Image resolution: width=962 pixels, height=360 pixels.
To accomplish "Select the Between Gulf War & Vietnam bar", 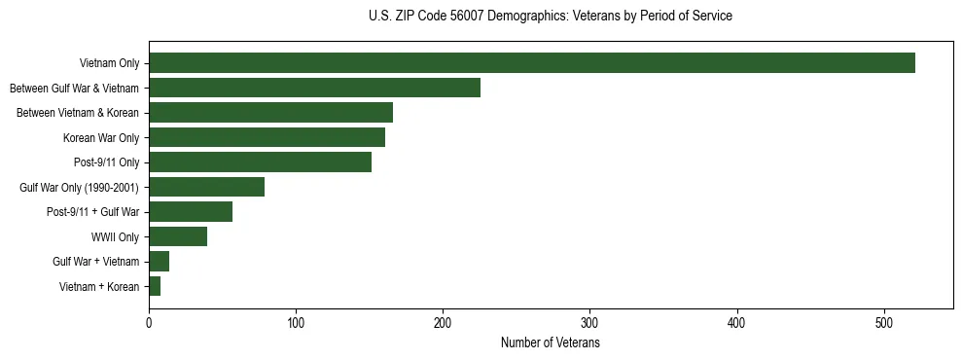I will (x=314, y=88).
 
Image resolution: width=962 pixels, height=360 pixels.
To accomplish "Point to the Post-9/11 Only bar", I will (x=260, y=162).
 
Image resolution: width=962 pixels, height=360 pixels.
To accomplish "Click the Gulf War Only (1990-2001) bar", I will (x=206, y=187).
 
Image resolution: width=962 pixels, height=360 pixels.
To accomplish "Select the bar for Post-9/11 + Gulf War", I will (x=191, y=212).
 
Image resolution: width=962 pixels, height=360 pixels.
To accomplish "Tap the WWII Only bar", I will (x=178, y=236).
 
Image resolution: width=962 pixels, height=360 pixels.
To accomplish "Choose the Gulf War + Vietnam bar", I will (x=159, y=262).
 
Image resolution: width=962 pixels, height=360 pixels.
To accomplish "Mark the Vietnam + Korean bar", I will (x=155, y=286).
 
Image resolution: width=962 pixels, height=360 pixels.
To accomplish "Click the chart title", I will (x=551, y=17).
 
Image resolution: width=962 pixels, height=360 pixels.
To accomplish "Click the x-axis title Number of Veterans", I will (x=551, y=343).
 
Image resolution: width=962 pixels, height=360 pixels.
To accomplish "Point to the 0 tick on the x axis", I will (x=149, y=323).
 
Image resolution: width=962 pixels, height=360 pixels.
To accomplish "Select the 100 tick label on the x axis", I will (x=296, y=323).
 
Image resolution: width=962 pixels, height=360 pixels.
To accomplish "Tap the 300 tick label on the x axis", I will (x=589, y=323).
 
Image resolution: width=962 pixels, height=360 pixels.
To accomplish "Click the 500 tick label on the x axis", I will (x=884, y=323).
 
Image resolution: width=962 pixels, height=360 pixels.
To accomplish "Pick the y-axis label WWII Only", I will (x=115, y=237).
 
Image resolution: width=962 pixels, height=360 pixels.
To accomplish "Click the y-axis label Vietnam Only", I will (x=109, y=64).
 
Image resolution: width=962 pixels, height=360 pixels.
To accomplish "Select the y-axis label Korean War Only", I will (x=101, y=138).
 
